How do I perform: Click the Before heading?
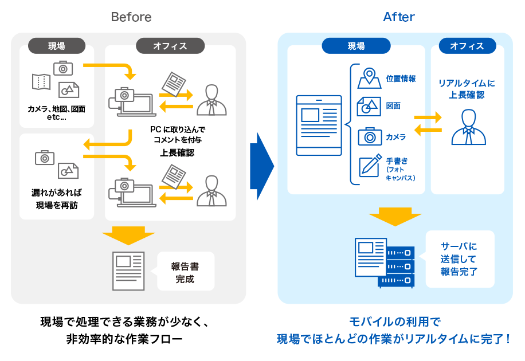pos(131,17)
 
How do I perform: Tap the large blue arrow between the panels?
pos(261,167)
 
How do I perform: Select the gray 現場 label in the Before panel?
pos(56,46)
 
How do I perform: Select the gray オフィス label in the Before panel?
pos(170,46)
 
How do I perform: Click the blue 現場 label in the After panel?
pos(356,46)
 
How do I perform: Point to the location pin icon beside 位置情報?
pos(369,78)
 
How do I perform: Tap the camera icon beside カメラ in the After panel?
pos(370,136)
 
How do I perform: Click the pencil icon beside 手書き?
pos(370,165)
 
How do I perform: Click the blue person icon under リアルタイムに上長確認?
pos(468,128)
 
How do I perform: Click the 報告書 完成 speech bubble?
pos(185,272)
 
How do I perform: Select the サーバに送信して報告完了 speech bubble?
pos(459,259)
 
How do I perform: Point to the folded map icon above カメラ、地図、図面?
pos(41,82)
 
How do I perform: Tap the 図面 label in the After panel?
pos(393,106)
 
